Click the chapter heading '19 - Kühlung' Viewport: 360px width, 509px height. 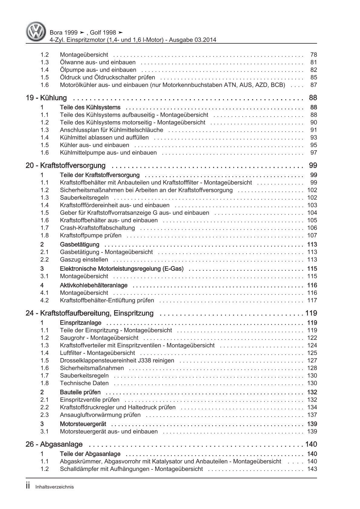click(46, 98)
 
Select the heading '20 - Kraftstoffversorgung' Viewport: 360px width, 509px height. click(66, 165)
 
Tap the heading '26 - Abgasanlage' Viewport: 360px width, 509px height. click(54, 444)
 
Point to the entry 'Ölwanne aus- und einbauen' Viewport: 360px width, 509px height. click(98, 62)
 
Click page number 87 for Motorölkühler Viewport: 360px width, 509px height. click(313, 85)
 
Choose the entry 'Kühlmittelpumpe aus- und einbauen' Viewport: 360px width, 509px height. click(108, 153)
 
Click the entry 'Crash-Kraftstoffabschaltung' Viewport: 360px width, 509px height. click(97, 228)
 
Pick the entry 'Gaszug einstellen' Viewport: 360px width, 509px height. click(84, 260)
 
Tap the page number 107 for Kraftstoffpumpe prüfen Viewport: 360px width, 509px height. click(312, 235)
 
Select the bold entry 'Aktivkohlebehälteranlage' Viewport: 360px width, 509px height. click(94, 285)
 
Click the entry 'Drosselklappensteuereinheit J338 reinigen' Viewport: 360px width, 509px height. click(117, 361)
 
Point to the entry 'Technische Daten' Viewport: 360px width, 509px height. click(84, 383)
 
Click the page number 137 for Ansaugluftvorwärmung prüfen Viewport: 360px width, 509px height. click(312, 415)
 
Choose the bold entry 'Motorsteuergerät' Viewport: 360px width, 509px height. click(83, 424)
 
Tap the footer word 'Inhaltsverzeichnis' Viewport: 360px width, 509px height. click(54, 487)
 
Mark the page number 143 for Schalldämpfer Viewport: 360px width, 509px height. click(312, 469)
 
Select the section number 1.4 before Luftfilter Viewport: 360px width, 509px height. click(44, 353)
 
